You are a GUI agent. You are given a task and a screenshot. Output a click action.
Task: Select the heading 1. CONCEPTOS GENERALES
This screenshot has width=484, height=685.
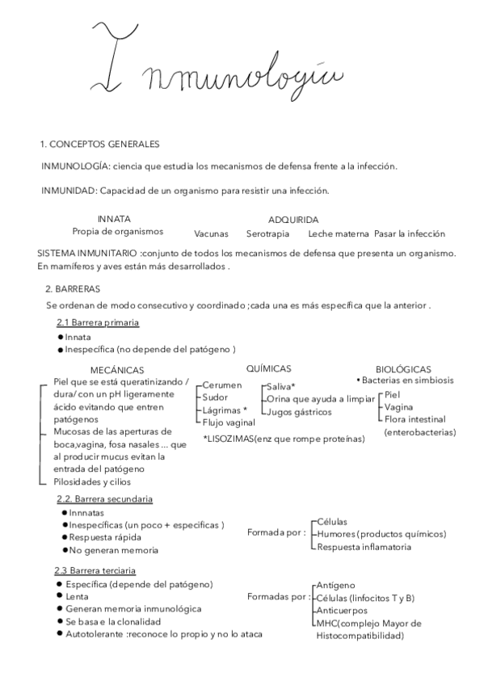pos(99,145)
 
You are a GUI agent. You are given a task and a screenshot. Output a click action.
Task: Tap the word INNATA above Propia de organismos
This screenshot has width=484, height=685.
pos(114,219)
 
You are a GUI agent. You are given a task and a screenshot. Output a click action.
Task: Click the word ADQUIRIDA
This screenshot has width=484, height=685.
pos(293,219)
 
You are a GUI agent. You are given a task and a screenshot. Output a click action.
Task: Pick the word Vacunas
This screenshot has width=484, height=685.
pos(212,234)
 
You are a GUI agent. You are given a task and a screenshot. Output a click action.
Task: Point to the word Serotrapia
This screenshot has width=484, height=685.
pos(267,234)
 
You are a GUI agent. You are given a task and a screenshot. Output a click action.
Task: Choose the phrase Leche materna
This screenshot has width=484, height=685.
pos(339,234)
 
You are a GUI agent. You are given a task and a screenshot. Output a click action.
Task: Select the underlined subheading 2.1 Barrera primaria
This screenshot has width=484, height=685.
pos(98,323)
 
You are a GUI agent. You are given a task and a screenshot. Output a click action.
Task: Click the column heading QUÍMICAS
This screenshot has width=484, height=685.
pos(268,368)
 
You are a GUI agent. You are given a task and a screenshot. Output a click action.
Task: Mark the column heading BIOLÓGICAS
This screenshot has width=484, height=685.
pos(403,368)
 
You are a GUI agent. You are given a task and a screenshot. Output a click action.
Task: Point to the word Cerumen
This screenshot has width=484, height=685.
pos(222,385)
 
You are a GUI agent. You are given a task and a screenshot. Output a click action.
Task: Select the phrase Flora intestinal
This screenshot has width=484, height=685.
pos(415,419)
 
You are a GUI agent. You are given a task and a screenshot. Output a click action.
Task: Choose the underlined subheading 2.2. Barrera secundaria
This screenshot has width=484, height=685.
pos(104,499)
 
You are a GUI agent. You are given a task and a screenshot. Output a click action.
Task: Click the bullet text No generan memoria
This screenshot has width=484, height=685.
pos(113,550)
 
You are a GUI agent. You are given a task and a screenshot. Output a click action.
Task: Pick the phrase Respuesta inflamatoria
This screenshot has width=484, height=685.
pos(364,547)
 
